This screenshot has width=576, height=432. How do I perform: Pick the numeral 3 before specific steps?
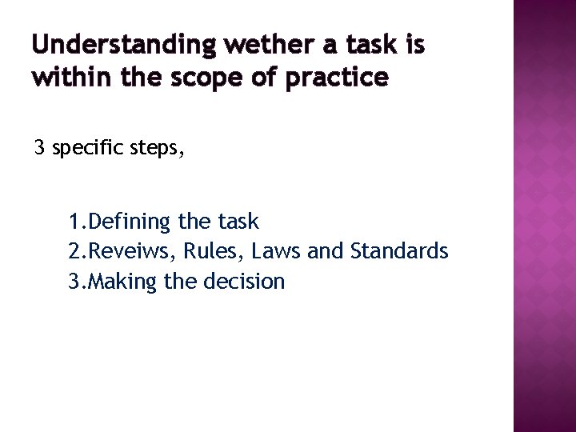39,149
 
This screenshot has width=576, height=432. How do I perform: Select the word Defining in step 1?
126,222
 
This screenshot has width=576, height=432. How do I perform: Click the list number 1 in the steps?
74,222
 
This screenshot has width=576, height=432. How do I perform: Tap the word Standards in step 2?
399,251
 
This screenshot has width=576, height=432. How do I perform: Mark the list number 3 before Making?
74,282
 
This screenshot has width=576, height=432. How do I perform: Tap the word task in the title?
369,46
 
